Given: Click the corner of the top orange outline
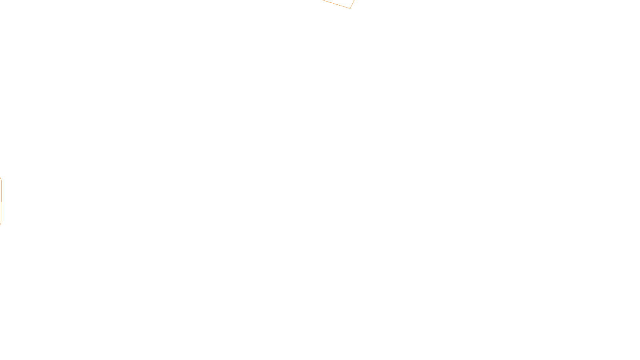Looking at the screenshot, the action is [x=350, y=8].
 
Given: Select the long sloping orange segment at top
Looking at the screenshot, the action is [x=336, y=4].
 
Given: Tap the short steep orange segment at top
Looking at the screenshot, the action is [x=352, y=4].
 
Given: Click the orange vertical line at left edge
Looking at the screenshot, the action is [x=1, y=212].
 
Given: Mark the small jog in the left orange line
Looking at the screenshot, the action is [x=1, y=202].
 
